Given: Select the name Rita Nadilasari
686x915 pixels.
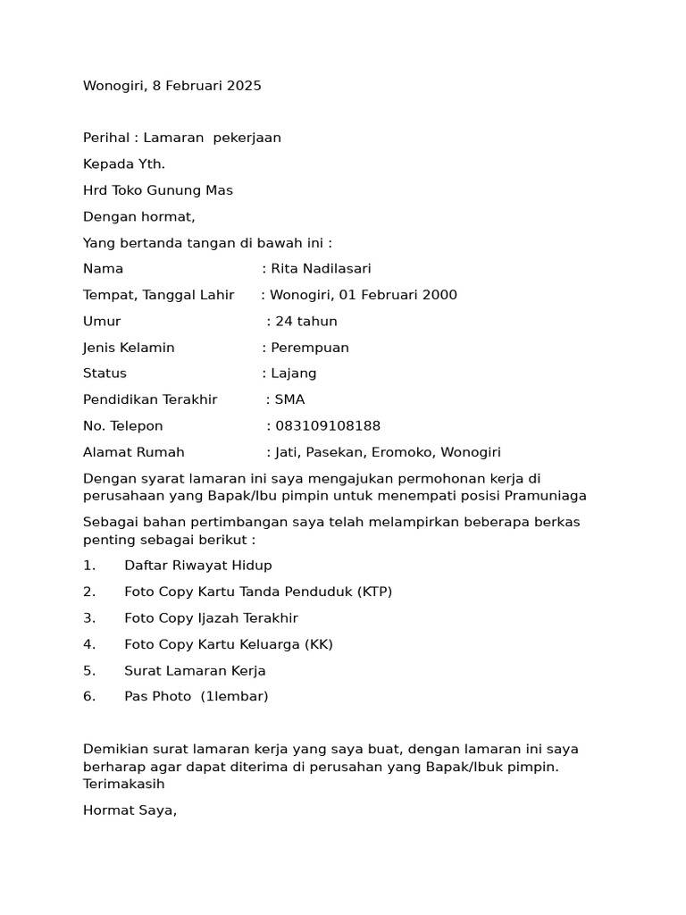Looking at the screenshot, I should pyautogui.click(x=321, y=269).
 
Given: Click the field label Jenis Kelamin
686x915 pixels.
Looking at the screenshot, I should pyautogui.click(x=129, y=348).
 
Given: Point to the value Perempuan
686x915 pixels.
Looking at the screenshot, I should pyautogui.click(x=309, y=348).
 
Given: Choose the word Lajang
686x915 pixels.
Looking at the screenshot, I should pyautogui.click(x=293, y=374).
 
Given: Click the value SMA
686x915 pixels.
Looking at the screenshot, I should pyautogui.click(x=289, y=399).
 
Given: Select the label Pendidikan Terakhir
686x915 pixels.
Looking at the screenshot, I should pyautogui.click(x=150, y=399).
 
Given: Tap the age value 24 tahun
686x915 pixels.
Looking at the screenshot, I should pyautogui.click(x=305, y=322).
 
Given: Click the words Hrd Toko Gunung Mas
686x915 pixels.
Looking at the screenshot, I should pyautogui.click(x=157, y=190).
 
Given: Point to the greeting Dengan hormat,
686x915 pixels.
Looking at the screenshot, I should pyautogui.click(x=138, y=216).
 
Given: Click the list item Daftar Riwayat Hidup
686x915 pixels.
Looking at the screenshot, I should pyautogui.click(x=198, y=566).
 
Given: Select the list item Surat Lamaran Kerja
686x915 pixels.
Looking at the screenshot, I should pyautogui.click(x=195, y=670).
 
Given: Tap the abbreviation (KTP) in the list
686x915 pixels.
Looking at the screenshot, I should pyautogui.click(x=375, y=592).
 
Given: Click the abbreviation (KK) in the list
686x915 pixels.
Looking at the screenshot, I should pyautogui.click(x=319, y=644).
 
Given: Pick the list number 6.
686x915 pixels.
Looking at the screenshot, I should pyautogui.click(x=88, y=696).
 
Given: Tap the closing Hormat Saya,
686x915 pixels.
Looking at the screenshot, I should pyautogui.click(x=130, y=811).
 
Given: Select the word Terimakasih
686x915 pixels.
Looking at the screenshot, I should pyautogui.click(x=124, y=784).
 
